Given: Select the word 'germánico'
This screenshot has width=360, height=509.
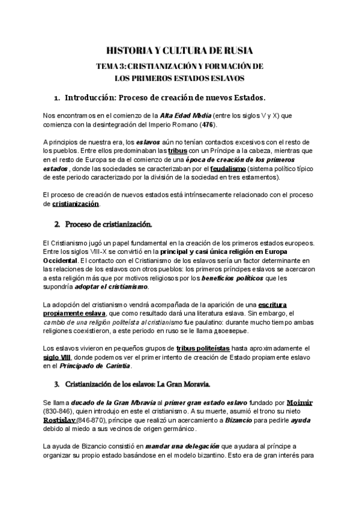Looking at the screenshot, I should click(x=183, y=430).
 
